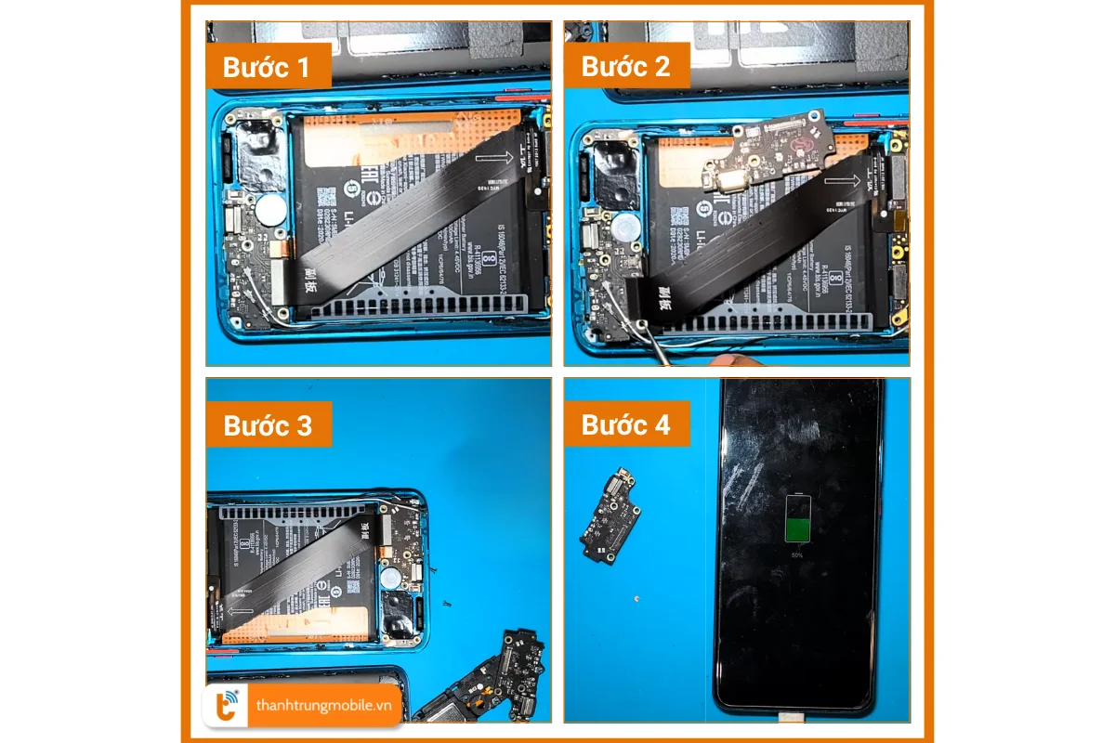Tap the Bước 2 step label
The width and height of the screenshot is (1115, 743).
pos(626,66)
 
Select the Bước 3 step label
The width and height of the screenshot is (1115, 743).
pos(269,425)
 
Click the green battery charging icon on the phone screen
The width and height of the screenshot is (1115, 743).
pos(797,519)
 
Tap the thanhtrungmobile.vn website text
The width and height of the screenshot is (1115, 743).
pos(324,706)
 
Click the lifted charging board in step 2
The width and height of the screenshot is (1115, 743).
pos(764,153)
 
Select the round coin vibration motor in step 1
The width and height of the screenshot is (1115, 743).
pos(270,212)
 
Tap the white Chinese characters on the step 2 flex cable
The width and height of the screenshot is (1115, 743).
pos(667,298)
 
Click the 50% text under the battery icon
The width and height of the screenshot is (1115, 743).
pos(797,554)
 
